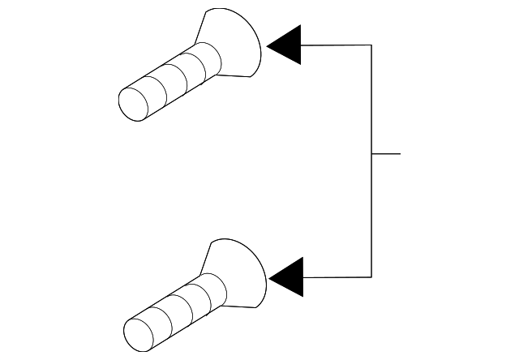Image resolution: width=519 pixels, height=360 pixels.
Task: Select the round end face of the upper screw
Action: [133, 102]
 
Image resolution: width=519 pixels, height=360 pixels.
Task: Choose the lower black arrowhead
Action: [289, 278]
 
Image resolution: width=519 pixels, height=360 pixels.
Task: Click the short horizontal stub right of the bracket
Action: [386, 153]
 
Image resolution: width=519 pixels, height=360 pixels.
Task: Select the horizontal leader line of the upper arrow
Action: [337, 45]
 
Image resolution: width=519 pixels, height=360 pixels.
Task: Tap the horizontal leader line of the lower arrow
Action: [337, 277]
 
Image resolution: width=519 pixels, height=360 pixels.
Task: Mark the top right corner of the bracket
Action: [371, 45]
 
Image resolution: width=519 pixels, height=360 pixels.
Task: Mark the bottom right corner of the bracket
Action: [371, 277]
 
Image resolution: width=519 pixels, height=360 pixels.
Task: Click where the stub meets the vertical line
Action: [371, 153]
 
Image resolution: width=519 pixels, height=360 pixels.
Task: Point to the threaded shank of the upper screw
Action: [174, 79]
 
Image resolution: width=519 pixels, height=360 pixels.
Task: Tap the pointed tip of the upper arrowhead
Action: [268, 45]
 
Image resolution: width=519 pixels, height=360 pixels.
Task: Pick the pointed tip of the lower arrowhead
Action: [270, 278]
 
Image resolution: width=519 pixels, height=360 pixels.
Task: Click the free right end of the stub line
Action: [400, 153]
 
